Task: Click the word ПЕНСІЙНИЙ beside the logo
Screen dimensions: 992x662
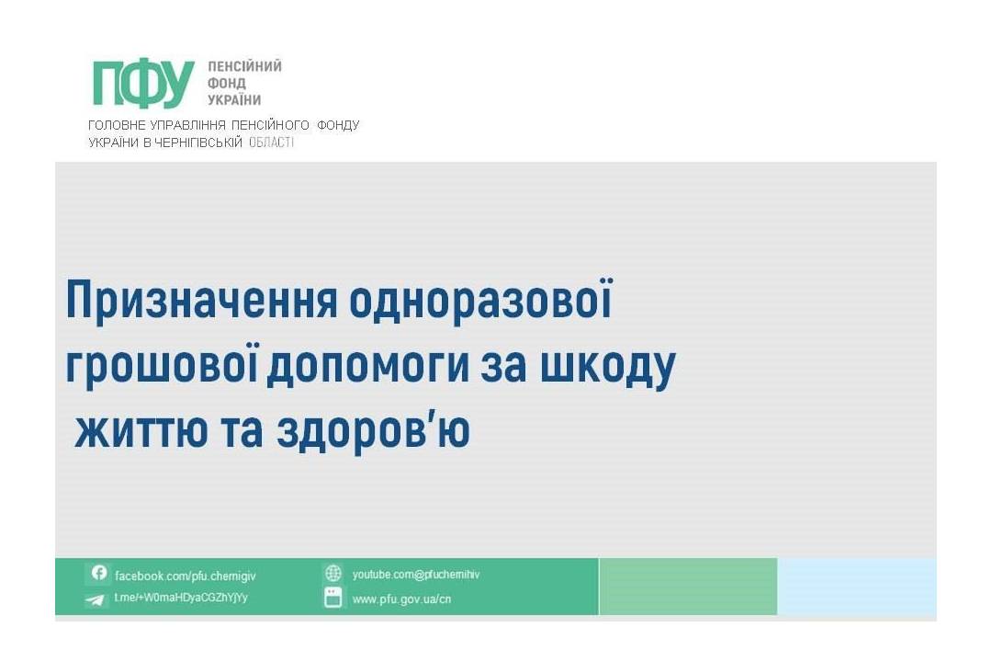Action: [245, 66]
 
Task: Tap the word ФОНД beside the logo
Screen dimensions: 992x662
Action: [227, 83]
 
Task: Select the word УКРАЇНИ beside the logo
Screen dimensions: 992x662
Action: [235, 99]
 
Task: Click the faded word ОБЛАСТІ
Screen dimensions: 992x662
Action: [271, 142]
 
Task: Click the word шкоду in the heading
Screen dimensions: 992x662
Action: [608, 368]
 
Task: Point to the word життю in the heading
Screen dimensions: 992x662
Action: [141, 431]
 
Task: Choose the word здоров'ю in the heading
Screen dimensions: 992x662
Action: [373, 432]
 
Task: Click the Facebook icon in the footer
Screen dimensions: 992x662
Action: [98, 573]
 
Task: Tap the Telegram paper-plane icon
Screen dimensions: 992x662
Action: [95, 599]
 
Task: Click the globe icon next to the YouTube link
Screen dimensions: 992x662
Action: [333, 574]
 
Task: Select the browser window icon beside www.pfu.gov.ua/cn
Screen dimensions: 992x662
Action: [333, 598]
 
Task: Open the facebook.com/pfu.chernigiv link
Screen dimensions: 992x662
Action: [186, 576]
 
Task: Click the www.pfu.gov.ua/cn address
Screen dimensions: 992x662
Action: [401, 599]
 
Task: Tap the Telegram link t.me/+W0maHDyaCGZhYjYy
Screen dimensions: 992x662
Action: [181, 598]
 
